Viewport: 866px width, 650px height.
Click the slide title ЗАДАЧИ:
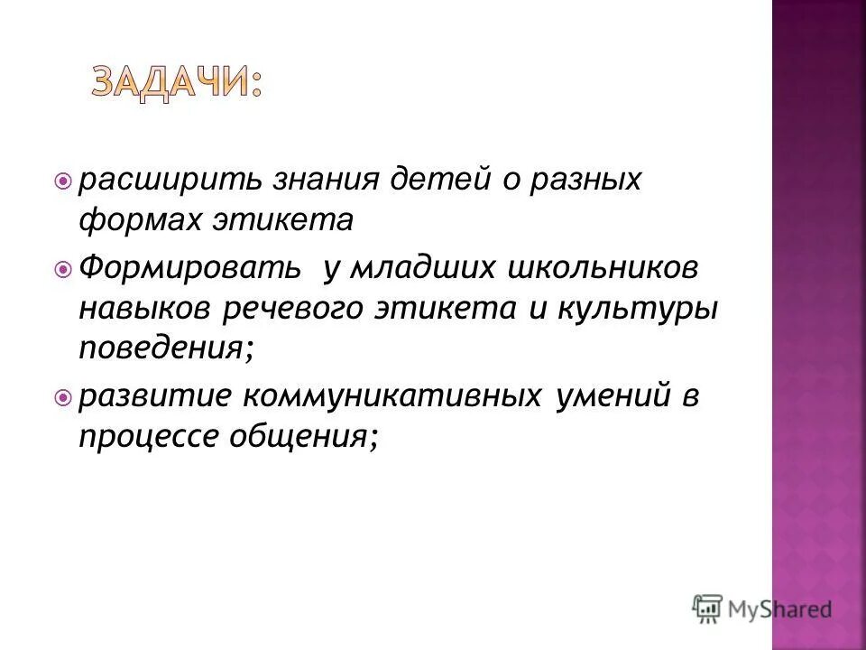click(x=177, y=84)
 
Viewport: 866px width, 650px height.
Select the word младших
click(x=423, y=268)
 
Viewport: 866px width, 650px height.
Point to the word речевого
click(x=284, y=309)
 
